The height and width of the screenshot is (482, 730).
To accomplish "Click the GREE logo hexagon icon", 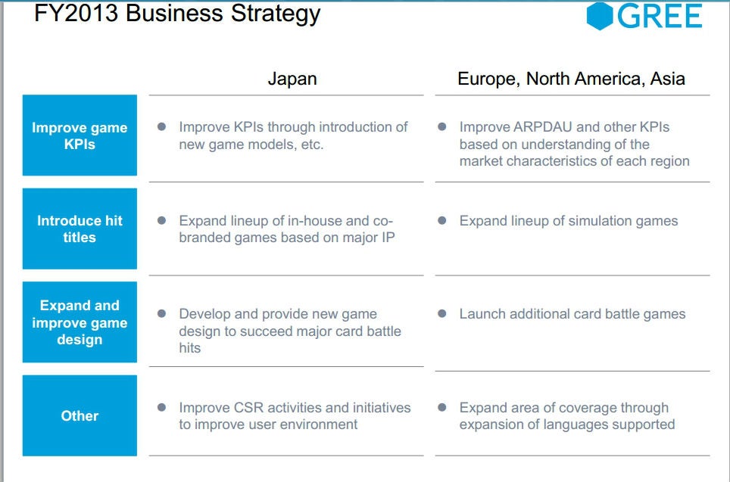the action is [x=600, y=17].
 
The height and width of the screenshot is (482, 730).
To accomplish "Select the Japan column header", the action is [x=292, y=79].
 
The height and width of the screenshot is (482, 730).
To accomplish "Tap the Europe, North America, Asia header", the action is [x=571, y=79].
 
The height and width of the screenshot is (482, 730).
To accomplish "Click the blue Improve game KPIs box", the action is [x=80, y=135].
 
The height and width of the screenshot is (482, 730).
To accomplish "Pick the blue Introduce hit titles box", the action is [x=80, y=229].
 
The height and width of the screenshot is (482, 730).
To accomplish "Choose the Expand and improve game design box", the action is [x=80, y=322].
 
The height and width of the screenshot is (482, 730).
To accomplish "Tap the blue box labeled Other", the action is [x=80, y=415].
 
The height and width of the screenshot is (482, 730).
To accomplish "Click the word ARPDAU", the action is [x=542, y=127].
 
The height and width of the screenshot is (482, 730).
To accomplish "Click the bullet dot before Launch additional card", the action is [x=442, y=313].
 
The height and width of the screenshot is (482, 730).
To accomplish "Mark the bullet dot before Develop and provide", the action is [x=161, y=313].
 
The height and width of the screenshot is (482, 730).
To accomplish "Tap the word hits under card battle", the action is [x=190, y=348].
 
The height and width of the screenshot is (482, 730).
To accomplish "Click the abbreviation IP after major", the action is [x=388, y=238].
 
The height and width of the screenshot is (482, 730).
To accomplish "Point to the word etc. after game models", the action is [x=312, y=145].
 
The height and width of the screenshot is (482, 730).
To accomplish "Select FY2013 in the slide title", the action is [x=76, y=13].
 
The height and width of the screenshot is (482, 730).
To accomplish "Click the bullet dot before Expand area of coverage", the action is [x=442, y=408].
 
